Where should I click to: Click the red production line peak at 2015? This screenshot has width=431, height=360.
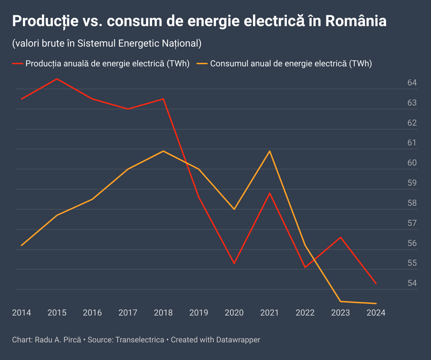pos(57,79)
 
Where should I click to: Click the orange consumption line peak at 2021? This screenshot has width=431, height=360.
pos(270,151)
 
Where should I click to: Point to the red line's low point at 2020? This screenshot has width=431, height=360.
pos(234,263)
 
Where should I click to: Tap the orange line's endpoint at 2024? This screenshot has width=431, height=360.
pos(376,303)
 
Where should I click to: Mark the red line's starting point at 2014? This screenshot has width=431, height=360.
pos(22,99)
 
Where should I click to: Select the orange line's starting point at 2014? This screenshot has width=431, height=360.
pos(22,245)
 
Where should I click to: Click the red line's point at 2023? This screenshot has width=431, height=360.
pos(341,237)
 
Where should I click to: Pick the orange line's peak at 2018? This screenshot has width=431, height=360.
pos(163,151)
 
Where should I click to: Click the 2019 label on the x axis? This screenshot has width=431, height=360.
pos(199,313)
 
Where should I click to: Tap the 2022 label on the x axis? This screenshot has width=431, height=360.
pos(305,313)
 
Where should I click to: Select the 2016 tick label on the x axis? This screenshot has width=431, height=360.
pos(92,313)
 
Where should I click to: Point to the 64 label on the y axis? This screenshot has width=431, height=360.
pos(412,83)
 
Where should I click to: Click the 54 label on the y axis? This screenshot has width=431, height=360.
pos(412,283)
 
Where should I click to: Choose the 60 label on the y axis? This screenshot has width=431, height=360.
pos(412,163)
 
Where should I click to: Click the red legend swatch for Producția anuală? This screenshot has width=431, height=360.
pos(17,64)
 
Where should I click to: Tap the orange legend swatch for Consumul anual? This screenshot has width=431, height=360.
pos(202,64)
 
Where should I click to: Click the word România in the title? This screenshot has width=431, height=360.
pos(356,21)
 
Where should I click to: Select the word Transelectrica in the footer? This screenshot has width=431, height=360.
pos(140,340)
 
